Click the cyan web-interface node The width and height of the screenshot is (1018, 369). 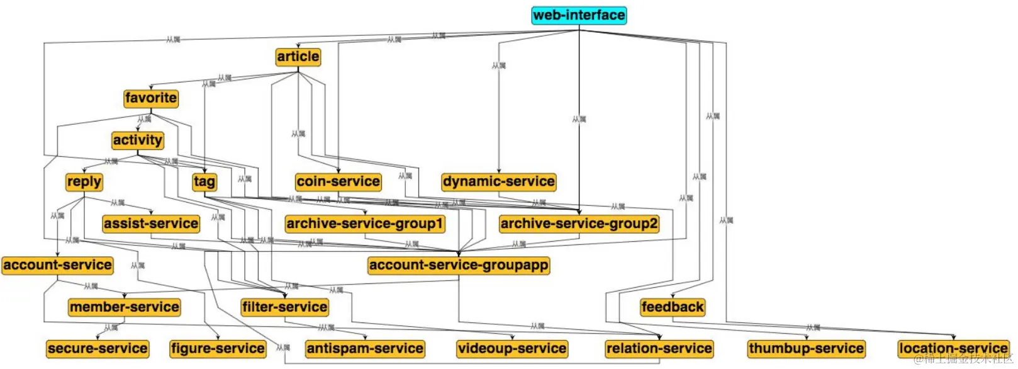579,15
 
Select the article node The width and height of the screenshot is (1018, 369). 298,57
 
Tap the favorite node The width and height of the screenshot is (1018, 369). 151,98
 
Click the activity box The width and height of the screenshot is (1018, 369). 138,140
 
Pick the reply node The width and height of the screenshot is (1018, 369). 84,182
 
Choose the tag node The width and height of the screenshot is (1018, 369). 204,182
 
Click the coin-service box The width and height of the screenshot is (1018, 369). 338,182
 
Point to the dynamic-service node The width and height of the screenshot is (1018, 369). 499,182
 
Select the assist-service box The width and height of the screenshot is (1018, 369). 151,224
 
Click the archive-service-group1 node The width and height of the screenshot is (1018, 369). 365,224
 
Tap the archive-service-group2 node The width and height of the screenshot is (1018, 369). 579,224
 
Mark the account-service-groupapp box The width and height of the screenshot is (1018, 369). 459,265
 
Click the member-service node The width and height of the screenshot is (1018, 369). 125,307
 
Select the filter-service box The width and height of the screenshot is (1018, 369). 285,307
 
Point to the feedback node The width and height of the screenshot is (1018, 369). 673,307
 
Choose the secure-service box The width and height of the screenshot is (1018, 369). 98,349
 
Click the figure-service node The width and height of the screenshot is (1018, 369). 218,349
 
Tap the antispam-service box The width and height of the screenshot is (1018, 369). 365,349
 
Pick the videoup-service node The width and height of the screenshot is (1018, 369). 512,349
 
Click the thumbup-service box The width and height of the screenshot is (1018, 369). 806,349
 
